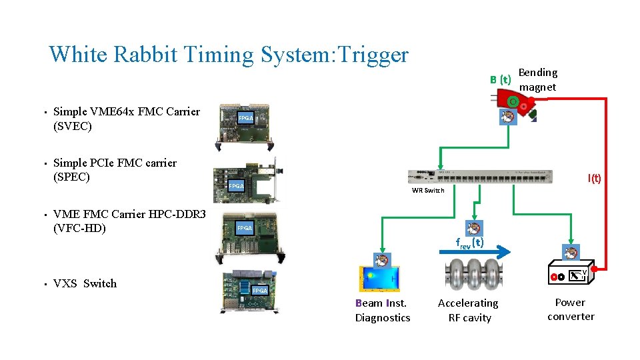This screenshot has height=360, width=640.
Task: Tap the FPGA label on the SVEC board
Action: tap(246, 118)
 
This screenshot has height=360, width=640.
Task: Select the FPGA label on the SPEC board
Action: tap(236, 186)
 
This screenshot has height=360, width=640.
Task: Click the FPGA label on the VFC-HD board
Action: tap(245, 228)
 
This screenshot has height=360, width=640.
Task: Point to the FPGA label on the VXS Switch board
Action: tap(259, 291)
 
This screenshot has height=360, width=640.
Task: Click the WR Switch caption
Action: tap(427, 191)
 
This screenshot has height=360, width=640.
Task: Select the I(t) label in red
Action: tap(594, 178)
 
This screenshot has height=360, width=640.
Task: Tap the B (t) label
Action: tap(500, 79)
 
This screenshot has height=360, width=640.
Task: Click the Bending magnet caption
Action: tap(537, 80)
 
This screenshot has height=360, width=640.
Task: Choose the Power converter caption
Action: tap(570, 309)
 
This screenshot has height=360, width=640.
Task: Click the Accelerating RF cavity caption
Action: tap(468, 311)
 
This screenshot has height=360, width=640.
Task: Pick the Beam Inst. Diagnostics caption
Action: tap(383, 311)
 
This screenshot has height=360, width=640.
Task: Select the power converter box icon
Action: tap(571, 272)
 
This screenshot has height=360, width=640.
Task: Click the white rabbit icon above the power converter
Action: tap(571, 252)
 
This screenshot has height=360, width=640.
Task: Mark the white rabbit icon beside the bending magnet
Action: tap(509, 117)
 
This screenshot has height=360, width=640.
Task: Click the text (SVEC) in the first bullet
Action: tap(72, 126)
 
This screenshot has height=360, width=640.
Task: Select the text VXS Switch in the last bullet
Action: tap(85, 283)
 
